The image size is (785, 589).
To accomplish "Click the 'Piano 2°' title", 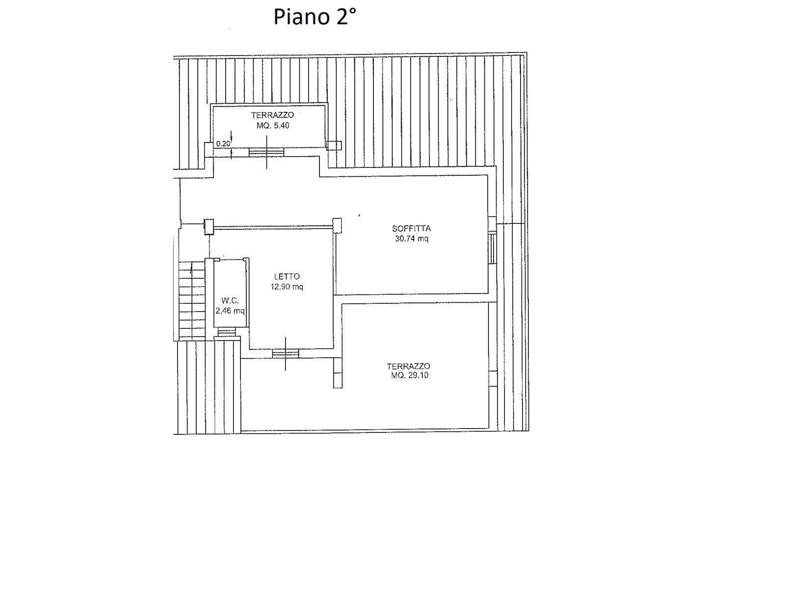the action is pos(314,17).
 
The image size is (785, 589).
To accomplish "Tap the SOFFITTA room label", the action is pos(411,228).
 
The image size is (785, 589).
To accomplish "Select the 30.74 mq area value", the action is pos(411,239).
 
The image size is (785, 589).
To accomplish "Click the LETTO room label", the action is pos(287,276).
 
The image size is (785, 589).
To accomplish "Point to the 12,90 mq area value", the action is pos(287,287).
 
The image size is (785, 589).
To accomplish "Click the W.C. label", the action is pos(230,300).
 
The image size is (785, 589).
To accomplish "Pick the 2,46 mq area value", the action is pos(230,311).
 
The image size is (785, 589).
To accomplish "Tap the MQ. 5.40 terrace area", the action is pos(273,126).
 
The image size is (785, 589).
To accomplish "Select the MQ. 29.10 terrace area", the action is pos(410,375).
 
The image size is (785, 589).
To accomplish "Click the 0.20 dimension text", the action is pos(223,144).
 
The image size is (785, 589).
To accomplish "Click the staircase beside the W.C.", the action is pos(192,300).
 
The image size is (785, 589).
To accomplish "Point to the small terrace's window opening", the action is pos(266,153).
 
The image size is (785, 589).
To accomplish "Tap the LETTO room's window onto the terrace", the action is pos(286,353).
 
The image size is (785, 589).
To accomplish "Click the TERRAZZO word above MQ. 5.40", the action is pos(272,115).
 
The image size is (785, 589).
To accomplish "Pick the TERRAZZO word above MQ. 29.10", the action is pos(408,366).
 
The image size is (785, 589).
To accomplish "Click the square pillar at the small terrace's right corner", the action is pos(334,145).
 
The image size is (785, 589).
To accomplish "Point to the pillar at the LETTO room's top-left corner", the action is pos(209,227).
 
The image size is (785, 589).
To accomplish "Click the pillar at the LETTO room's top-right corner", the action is pos(337,225).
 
